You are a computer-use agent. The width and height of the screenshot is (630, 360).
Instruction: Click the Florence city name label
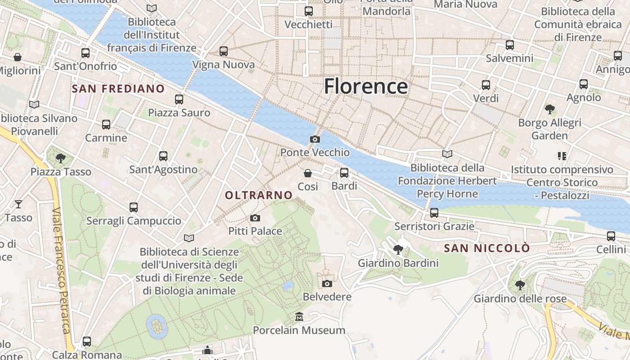click(x=366, y=86)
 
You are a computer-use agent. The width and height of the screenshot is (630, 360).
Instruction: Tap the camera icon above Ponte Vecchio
click(x=315, y=139)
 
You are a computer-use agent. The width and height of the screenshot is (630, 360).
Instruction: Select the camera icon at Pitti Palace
click(x=255, y=218)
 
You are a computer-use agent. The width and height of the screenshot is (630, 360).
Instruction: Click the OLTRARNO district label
click(x=259, y=195)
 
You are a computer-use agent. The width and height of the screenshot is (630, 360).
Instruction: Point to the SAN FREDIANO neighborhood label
click(x=118, y=89)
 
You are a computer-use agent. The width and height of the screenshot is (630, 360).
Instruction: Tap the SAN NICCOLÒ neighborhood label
click(x=487, y=248)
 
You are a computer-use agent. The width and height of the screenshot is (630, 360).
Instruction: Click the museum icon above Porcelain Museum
click(x=299, y=317)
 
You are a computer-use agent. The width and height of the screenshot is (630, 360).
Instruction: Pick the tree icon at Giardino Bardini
click(x=398, y=249)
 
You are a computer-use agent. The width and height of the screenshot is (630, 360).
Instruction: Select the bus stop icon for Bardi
click(x=344, y=172)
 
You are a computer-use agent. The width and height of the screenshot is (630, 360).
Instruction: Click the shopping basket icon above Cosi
click(x=308, y=173)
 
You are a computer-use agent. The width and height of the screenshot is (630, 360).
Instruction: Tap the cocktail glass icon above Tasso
click(x=18, y=204)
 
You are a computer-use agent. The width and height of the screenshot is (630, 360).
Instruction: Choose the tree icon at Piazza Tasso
click(x=61, y=158)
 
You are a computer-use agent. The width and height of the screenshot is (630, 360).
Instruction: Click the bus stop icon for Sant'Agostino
click(x=163, y=156)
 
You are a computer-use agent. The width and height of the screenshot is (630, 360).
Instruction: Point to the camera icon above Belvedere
click(x=327, y=283)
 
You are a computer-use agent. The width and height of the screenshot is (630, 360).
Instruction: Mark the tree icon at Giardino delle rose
click(x=520, y=285)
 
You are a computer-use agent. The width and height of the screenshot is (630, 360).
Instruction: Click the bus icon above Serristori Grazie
click(x=434, y=212)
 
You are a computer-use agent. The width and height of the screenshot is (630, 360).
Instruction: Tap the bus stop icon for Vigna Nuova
click(x=224, y=51)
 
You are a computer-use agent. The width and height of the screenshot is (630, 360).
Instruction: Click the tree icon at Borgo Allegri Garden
click(x=549, y=109)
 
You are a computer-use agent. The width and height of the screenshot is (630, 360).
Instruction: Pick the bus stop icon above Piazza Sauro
click(x=179, y=99)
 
